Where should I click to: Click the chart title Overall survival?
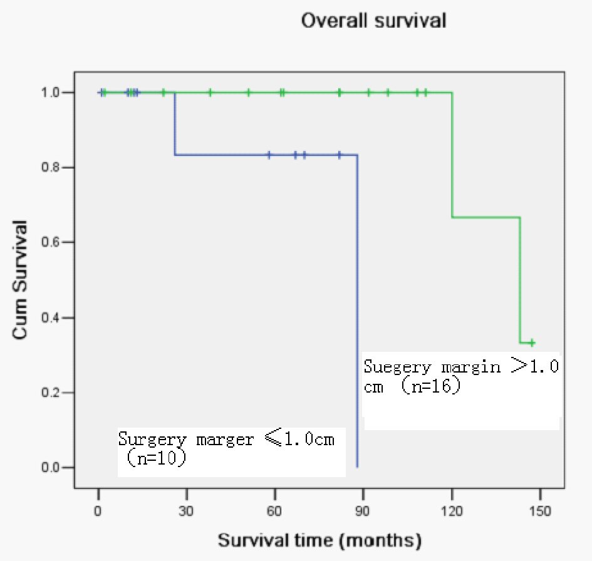point(373,20)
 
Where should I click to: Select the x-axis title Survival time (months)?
point(319,539)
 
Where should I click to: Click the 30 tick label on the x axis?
point(186,510)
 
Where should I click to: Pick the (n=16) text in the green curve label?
point(431,386)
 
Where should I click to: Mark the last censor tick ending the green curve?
point(531,342)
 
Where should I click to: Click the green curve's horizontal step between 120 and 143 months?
point(486,217)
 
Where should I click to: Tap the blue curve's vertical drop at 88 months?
point(357,313)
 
